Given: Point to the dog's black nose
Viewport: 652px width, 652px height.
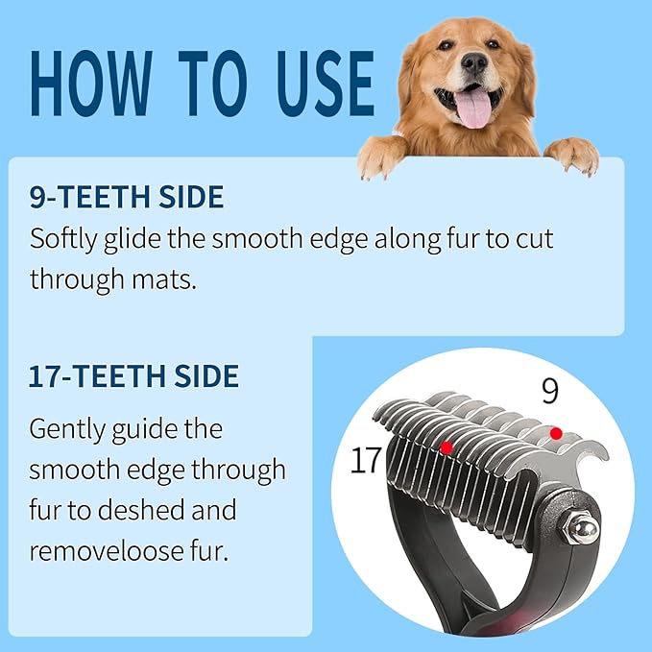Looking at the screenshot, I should point(473,62).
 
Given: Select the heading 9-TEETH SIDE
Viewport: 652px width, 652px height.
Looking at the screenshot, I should point(127,198).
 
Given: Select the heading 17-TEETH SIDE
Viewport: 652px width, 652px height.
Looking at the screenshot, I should point(134,374).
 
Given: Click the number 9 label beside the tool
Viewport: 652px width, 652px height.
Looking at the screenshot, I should point(549,391).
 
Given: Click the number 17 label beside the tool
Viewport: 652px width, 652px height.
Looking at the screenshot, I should point(366,461).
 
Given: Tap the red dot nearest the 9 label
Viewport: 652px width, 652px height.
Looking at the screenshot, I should point(555,434).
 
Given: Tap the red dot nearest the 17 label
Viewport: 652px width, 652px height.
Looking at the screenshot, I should point(446,447).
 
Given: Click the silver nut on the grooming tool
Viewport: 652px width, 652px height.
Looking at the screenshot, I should point(582,528).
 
